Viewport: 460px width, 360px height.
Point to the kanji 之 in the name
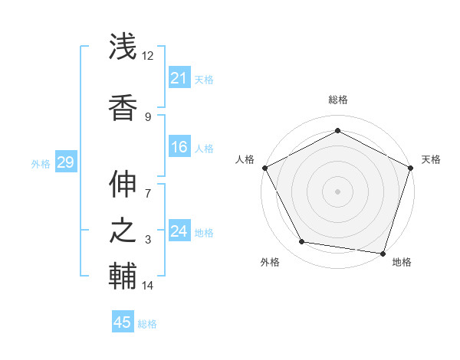point(123,230)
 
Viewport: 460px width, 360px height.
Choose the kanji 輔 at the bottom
point(123,276)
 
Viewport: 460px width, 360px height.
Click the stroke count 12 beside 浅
point(148,56)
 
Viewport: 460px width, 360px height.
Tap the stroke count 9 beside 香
point(148,116)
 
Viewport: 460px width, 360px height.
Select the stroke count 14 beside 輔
point(148,286)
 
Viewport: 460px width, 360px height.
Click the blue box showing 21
point(179,78)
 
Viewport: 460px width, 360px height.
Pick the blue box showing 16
point(179,147)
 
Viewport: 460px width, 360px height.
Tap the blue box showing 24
point(179,231)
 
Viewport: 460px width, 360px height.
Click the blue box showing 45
point(123,322)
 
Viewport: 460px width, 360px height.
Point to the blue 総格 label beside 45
point(147,324)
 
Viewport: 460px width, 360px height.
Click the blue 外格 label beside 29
point(41,163)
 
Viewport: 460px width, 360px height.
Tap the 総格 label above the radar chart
point(337,100)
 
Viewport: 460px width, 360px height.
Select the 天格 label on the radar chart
point(431,159)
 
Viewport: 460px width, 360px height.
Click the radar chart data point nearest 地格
point(383,253)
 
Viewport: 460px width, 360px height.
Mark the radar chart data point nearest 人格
point(264,167)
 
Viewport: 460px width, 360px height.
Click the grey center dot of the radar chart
point(337,191)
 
